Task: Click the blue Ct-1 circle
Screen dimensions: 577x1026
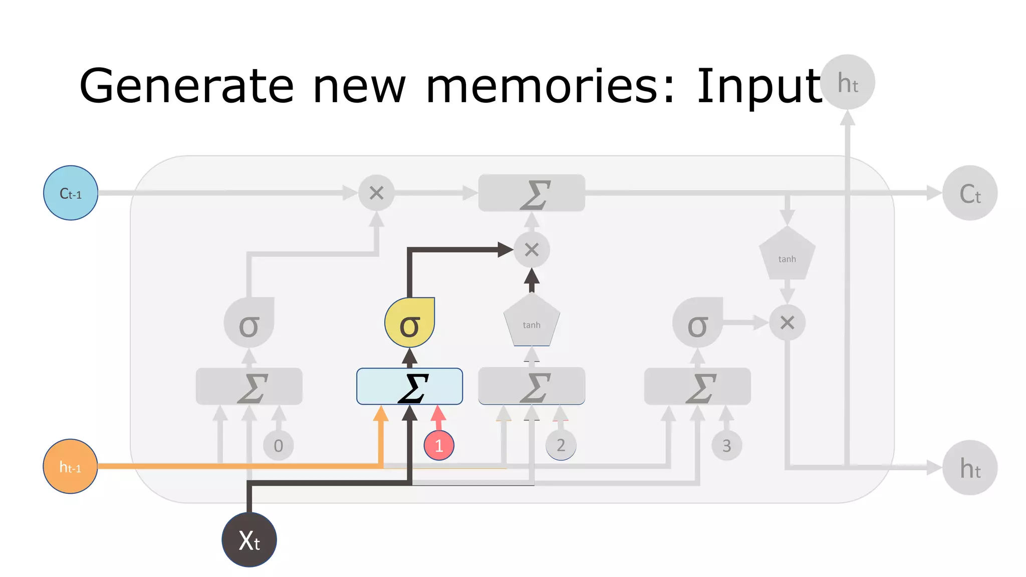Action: click(71, 193)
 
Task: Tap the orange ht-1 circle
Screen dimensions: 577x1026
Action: click(70, 466)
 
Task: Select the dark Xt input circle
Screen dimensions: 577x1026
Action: click(249, 539)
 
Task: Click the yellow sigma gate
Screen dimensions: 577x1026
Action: click(409, 323)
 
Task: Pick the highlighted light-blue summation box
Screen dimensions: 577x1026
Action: click(409, 386)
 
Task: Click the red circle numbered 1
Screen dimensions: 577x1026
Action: click(439, 445)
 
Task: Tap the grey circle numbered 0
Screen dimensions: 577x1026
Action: click(279, 445)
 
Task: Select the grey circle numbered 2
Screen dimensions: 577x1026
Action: click(561, 445)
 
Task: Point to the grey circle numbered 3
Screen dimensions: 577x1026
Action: click(726, 445)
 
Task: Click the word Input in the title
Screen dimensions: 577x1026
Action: click(758, 86)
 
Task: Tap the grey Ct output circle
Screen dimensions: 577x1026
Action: click(970, 193)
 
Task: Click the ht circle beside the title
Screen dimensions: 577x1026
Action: click(848, 83)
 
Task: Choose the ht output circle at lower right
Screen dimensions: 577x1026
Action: click(970, 467)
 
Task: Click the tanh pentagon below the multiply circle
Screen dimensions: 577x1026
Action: click(532, 322)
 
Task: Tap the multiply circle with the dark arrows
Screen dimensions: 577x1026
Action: click(532, 249)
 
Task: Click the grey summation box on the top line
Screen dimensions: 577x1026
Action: click(532, 193)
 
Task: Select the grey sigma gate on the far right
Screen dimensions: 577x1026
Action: click(697, 323)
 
